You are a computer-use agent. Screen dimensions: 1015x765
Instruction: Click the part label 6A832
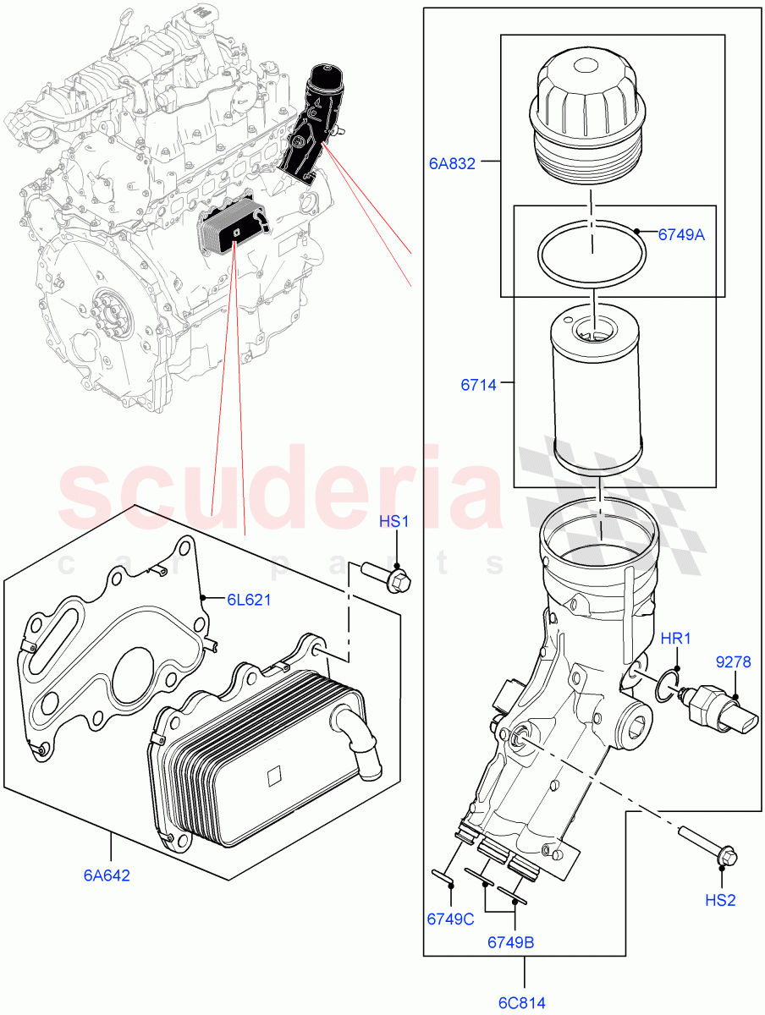click(451, 164)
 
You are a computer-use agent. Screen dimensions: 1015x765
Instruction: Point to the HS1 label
click(394, 522)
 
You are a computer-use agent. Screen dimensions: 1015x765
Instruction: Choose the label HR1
click(676, 639)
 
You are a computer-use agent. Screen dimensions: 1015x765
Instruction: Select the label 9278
click(732, 662)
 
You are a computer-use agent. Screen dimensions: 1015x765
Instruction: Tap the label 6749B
click(510, 941)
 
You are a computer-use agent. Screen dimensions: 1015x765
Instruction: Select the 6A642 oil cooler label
click(107, 875)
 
